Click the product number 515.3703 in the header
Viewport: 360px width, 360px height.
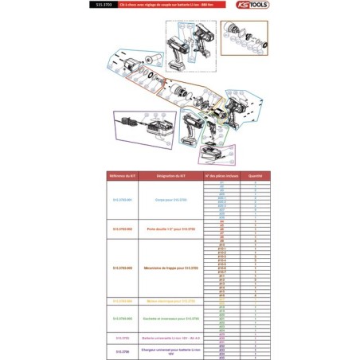(x=104, y=5)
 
